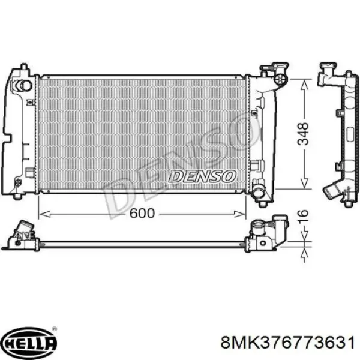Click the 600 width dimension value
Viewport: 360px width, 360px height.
click(142, 213)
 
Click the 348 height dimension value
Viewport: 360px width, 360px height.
click(303, 134)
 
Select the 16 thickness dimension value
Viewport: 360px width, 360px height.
click(303, 216)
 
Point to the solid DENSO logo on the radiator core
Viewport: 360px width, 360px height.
click(202, 176)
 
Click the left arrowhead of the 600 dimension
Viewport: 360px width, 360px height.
click(44, 214)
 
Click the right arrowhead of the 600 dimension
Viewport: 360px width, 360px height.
click(239, 214)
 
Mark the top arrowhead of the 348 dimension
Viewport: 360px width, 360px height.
click(304, 85)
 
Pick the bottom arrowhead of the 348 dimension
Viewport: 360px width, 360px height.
click(304, 183)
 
